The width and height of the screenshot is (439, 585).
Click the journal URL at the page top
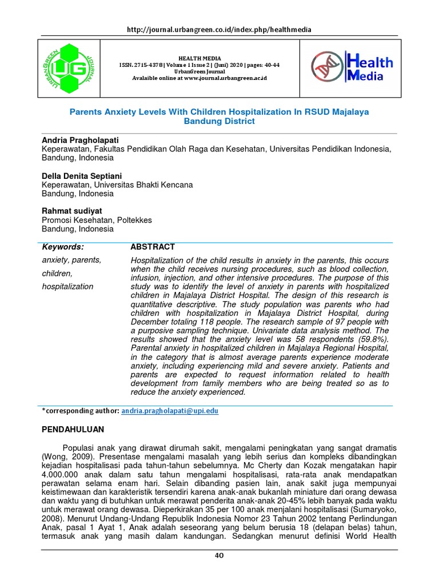coord(219,30)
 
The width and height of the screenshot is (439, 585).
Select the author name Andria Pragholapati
coord(80,140)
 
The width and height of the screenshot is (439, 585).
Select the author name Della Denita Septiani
coord(82,176)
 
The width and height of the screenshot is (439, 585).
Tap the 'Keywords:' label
coord(63,247)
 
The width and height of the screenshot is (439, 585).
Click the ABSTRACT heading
coord(153,247)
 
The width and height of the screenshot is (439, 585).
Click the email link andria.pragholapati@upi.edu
coord(170,411)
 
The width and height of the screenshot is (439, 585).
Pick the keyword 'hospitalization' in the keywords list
coord(67,286)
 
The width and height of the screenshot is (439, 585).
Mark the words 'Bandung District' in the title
coord(219,122)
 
